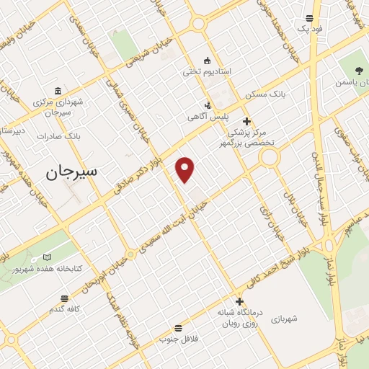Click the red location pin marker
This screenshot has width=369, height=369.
[186, 169]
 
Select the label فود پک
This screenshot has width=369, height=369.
[311, 29]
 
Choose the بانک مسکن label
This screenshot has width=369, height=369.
[265, 94]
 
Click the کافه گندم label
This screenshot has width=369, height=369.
[64, 308]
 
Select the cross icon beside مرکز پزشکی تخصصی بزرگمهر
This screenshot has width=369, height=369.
[247, 121]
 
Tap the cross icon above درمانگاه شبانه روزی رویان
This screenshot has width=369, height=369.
[239, 301]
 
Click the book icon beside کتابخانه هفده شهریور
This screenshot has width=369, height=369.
[48, 257]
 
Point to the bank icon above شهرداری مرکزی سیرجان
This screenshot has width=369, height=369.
[58, 90]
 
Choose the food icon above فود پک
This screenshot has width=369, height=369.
[309, 18]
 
